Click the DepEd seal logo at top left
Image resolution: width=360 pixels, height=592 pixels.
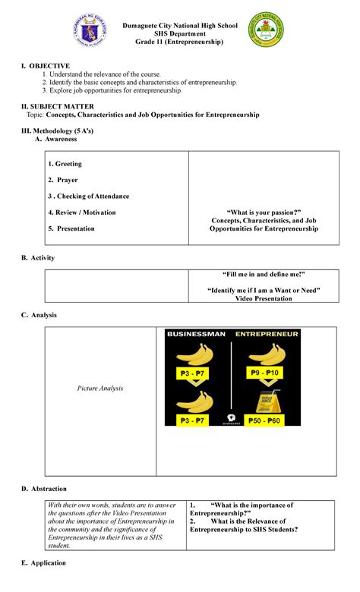coord(92,34)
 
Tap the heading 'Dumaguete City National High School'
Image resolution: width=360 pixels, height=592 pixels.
coord(179,25)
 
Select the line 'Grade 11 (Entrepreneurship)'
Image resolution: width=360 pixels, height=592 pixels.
coord(179,43)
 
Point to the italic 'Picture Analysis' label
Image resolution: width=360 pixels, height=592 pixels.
coord(100,388)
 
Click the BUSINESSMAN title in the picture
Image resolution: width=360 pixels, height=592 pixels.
coord(194,333)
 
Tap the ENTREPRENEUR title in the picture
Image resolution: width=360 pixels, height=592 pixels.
coord(266,333)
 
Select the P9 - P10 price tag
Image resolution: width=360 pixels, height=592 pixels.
coord(265,373)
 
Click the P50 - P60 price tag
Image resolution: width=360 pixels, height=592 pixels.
coord(265,420)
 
